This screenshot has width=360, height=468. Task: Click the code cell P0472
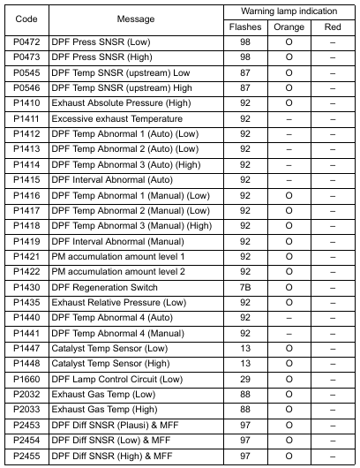tap(26, 42)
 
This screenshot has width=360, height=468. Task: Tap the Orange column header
tap(289, 27)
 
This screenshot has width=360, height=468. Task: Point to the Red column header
tap(332, 27)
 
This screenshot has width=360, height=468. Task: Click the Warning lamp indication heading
tap(289, 11)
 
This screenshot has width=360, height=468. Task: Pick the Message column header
tap(135, 19)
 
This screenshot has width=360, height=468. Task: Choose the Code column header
tap(26, 19)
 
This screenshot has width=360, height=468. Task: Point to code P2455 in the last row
tap(26, 455)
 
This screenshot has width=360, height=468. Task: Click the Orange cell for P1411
tap(289, 118)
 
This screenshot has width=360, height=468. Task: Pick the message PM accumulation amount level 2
tap(118, 272)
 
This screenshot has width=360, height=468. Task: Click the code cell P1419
tap(26, 241)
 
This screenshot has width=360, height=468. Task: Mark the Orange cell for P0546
tap(289, 88)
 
